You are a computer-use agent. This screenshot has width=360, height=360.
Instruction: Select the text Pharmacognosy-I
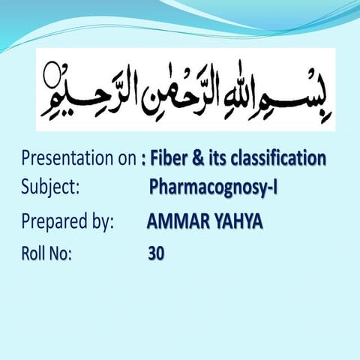click(x=214, y=187)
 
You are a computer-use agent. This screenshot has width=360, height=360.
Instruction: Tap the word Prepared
click(x=55, y=222)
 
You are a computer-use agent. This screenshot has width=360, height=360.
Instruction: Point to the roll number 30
click(x=156, y=253)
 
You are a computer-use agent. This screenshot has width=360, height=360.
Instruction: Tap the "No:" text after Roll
click(x=60, y=253)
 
